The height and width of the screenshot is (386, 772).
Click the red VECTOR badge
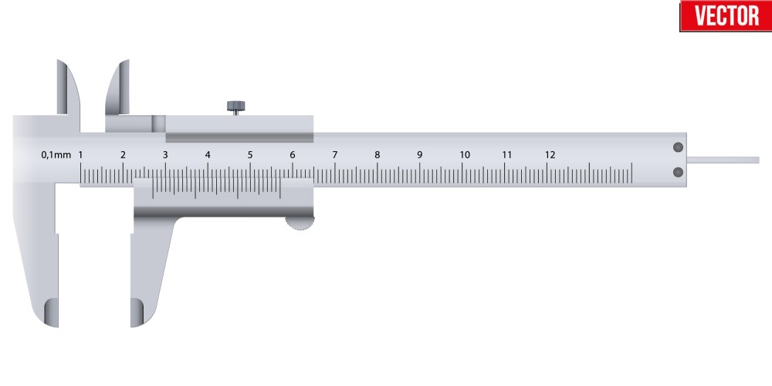tap(724, 15)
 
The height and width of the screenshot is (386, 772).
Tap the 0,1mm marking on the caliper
tap(56, 155)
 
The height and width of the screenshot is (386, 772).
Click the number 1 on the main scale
tap(81, 155)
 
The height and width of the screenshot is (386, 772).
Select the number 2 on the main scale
tap(124, 155)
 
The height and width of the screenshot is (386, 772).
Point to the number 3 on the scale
tap(165, 155)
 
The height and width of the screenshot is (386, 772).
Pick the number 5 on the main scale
tap(250, 155)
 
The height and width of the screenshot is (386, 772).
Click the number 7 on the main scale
tap(335, 155)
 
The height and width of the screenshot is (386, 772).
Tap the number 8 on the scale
tap(378, 155)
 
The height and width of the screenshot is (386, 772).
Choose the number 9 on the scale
tap(420, 155)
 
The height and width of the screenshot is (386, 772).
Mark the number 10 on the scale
tap(465, 155)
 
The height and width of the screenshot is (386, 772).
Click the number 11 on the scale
tap(507, 155)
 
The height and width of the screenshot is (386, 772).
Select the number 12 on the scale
tap(550, 155)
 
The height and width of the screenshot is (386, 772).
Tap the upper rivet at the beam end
tap(678, 147)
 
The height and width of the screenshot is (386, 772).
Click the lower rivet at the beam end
tap(678, 171)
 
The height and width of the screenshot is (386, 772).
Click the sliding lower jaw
tap(150, 270)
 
